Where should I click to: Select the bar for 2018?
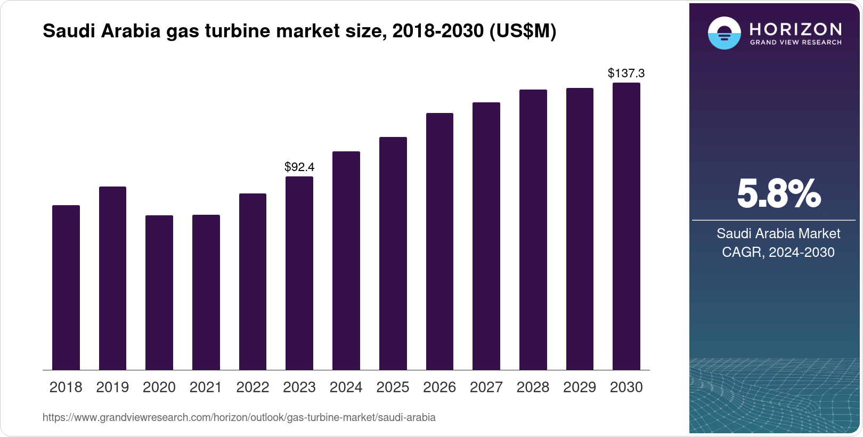(66, 288)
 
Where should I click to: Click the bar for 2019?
(112, 278)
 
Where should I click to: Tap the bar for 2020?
(159, 293)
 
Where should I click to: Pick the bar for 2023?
(299, 273)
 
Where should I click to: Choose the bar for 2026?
(439, 241)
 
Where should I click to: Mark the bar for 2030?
(626, 226)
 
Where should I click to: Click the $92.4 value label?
(299, 167)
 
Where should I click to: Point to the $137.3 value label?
(626, 73)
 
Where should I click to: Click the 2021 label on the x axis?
(206, 387)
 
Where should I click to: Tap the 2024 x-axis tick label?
(346, 387)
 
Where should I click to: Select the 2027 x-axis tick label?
(486, 387)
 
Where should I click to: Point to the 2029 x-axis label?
(580, 387)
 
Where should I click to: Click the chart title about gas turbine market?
(299, 31)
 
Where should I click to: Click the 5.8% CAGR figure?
(778, 194)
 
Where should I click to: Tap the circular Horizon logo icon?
(724, 33)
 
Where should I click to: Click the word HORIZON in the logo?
(796, 29)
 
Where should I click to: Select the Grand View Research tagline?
(796, 42)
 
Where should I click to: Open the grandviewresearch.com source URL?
(239, 418)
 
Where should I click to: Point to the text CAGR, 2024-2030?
(778, 252)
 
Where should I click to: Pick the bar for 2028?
(533, 230)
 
